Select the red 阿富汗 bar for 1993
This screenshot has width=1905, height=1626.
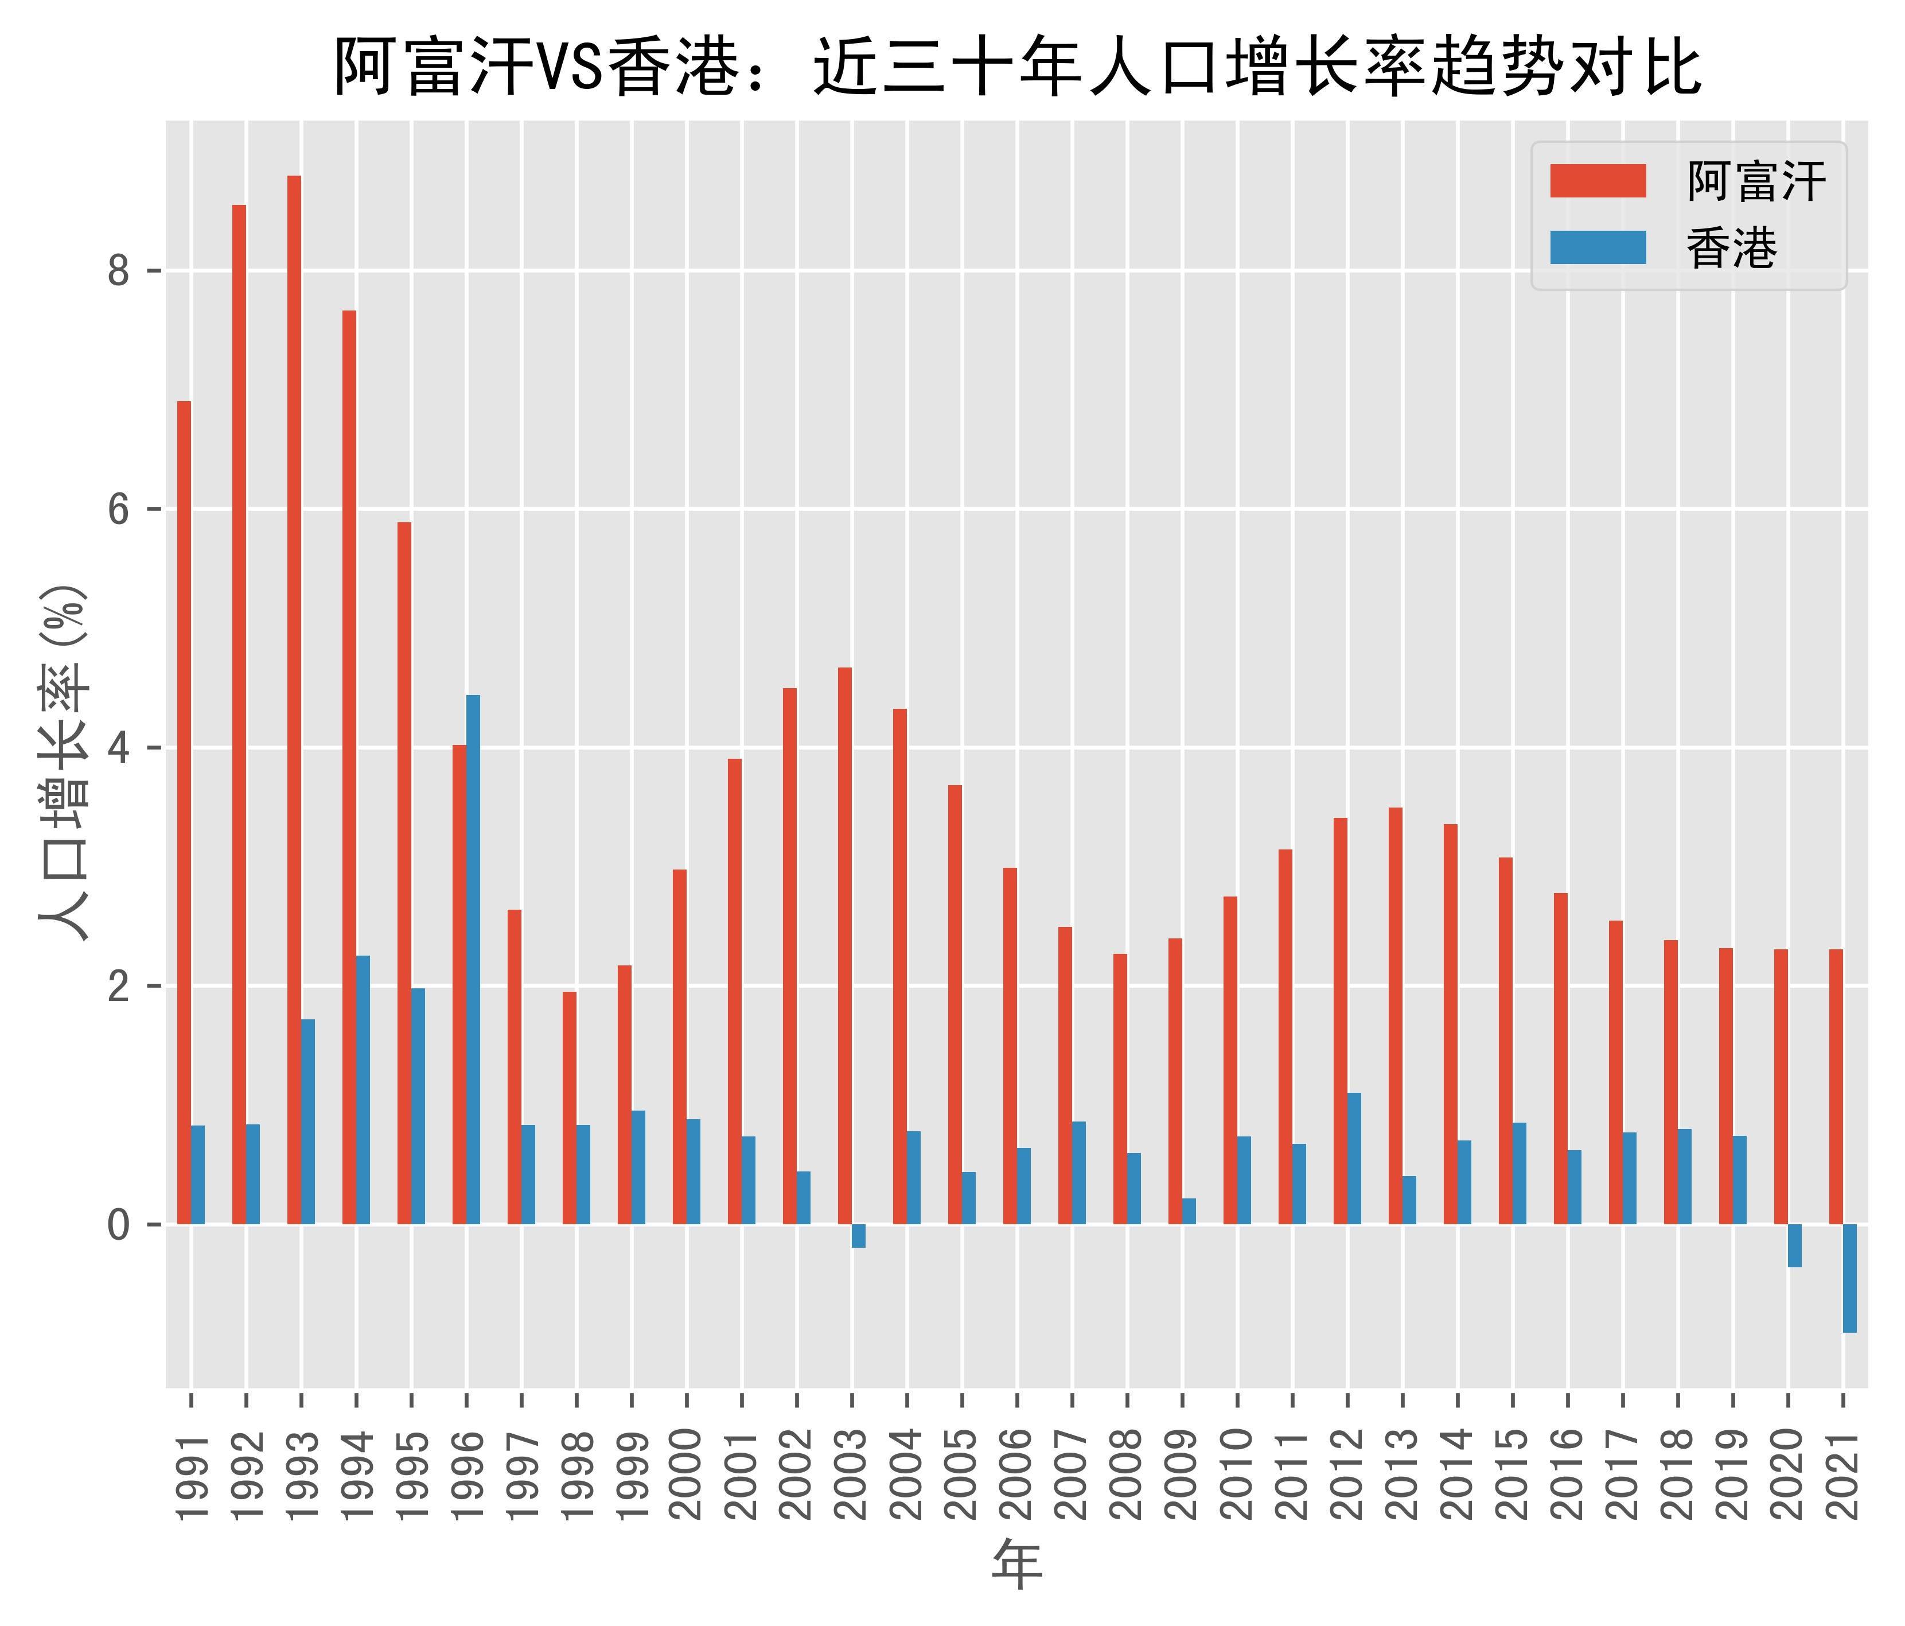coord(294,699)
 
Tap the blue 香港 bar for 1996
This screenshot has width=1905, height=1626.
coord(473,959)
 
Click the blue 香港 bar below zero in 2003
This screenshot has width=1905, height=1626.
coord(859,1235)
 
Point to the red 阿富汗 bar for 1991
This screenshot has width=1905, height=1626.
coord(184,812)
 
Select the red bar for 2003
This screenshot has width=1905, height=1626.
coord(845,945)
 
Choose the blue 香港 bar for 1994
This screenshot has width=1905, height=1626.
coord(363,1090)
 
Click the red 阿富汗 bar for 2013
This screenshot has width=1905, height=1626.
coord(1396,1015)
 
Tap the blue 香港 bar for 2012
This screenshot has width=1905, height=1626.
coord(1354,1158)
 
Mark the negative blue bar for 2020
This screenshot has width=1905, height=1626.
coord(1795,1245)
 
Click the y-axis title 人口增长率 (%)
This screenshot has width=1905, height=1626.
coord(64,763)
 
